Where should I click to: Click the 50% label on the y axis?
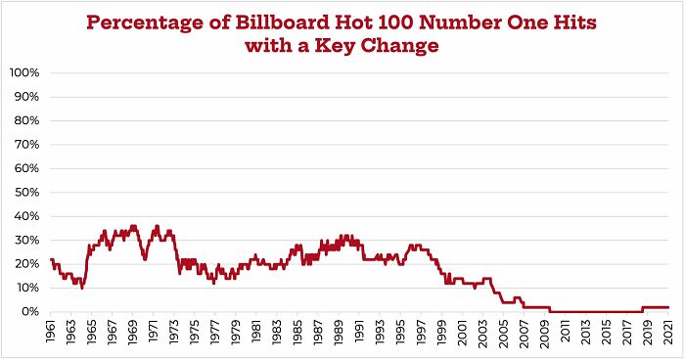pos(26,193)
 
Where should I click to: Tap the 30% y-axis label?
pos(26,241)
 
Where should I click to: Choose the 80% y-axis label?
pos(26,121)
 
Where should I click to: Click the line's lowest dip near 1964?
pos(82,288)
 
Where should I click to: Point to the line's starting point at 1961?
pos(51,260)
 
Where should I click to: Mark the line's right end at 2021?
pos(668,307)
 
